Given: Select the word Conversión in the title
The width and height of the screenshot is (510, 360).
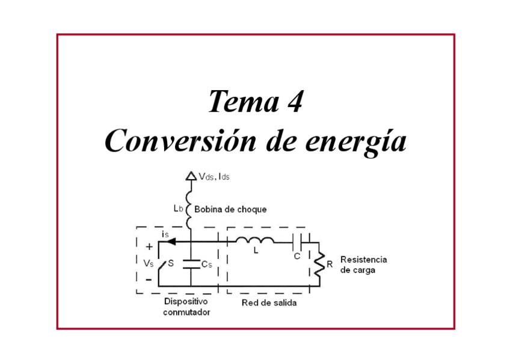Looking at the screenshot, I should click(x=179, y=141).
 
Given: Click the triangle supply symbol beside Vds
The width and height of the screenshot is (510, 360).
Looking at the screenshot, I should click(x=190, y=176).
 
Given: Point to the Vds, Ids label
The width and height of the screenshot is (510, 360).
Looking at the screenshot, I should click(x=214, y=177).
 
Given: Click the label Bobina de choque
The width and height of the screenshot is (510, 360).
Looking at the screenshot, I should click(x=230, y=209).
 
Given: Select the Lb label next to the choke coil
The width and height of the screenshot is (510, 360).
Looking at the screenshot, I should click(x=177, y=209).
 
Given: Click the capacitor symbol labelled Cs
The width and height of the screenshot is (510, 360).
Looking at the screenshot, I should click(x=190, y=263).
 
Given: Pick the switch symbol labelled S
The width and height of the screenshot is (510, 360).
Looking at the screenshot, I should click(x=161, y=263).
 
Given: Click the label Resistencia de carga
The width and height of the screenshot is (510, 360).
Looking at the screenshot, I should click(x=363, y=265).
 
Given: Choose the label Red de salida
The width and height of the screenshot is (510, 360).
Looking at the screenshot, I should click(x=269, y=303).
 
